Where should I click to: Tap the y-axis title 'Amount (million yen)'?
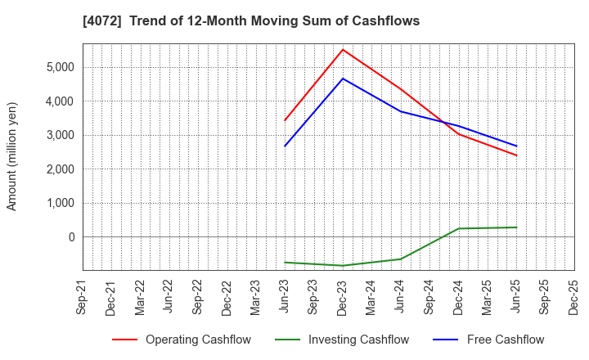click(x=12, y=156)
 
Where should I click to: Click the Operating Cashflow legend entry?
click(x=181, y=340)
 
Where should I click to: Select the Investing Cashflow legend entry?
click(x=343, y=340)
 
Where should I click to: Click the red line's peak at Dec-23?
click(x=343, y=49)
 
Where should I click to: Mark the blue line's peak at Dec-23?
click(x=343, y=79)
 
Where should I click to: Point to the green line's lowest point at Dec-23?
click(x=343, y=265)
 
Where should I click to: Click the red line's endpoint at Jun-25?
click(x=516, y=155)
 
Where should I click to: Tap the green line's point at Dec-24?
click(x=458, y=228)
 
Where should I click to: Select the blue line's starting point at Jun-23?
click(x=285, y=146)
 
